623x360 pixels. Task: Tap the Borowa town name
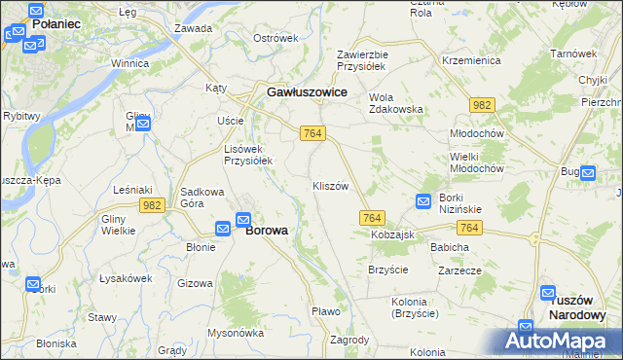(266, 231)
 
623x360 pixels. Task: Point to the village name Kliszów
(330, 186)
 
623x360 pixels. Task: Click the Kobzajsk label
(392, 235)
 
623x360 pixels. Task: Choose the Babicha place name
(450, 247)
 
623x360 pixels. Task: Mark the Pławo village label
(325, 311)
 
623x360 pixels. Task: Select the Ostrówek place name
(275, 38)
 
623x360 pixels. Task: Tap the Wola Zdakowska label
(396, 103)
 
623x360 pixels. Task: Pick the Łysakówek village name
(125, 278)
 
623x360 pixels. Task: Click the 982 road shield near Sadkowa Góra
(151, 204)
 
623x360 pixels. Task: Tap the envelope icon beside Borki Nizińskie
(423, 201)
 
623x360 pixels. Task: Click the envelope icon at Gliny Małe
(143, 123)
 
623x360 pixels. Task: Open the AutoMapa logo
(558, 342)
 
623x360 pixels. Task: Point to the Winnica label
(129, 63)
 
